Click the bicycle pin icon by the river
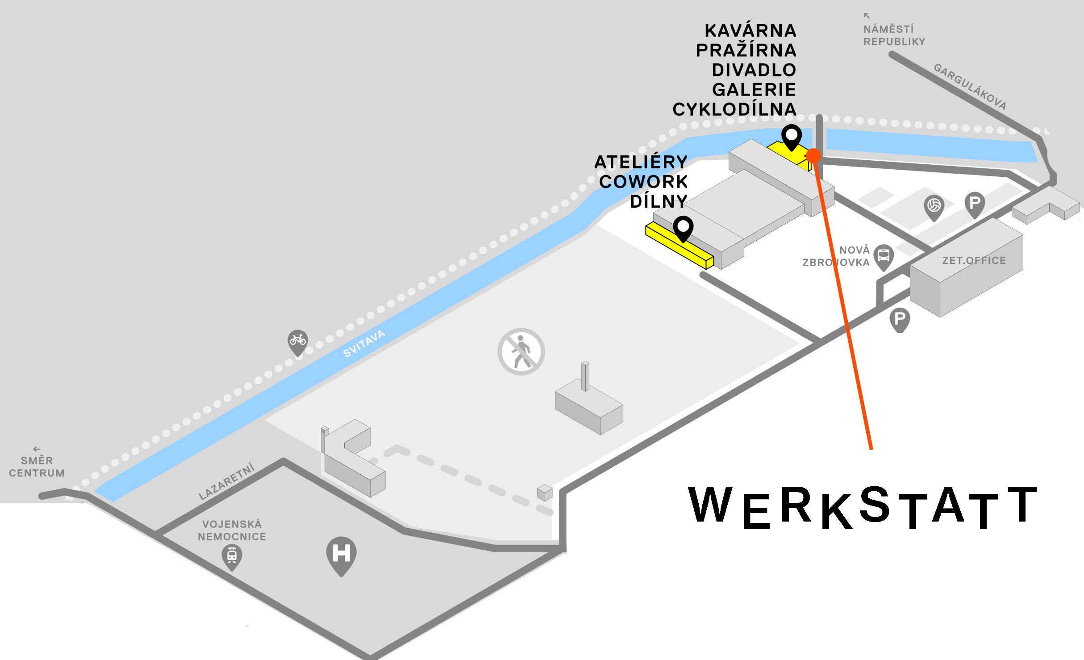click(298, 342)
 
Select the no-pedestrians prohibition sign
click(521, 352)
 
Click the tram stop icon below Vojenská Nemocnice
click(232, 556)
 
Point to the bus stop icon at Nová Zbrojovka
click(884, 256)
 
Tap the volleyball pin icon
click(934, 206)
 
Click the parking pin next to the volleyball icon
click(975, 204)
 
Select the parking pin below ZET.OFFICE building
click(900, 319)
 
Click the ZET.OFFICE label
click(974, 260)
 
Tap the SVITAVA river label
click(364, 343)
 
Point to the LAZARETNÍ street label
click(227, 481)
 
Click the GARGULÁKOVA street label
click(970, 87)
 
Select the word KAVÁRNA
click(750, 31)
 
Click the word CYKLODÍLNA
click(734, 109)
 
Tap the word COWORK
click(643, 182)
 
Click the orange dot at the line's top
click(814, 155)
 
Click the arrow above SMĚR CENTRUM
click(37, 449)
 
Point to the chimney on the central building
click(585, 376)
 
